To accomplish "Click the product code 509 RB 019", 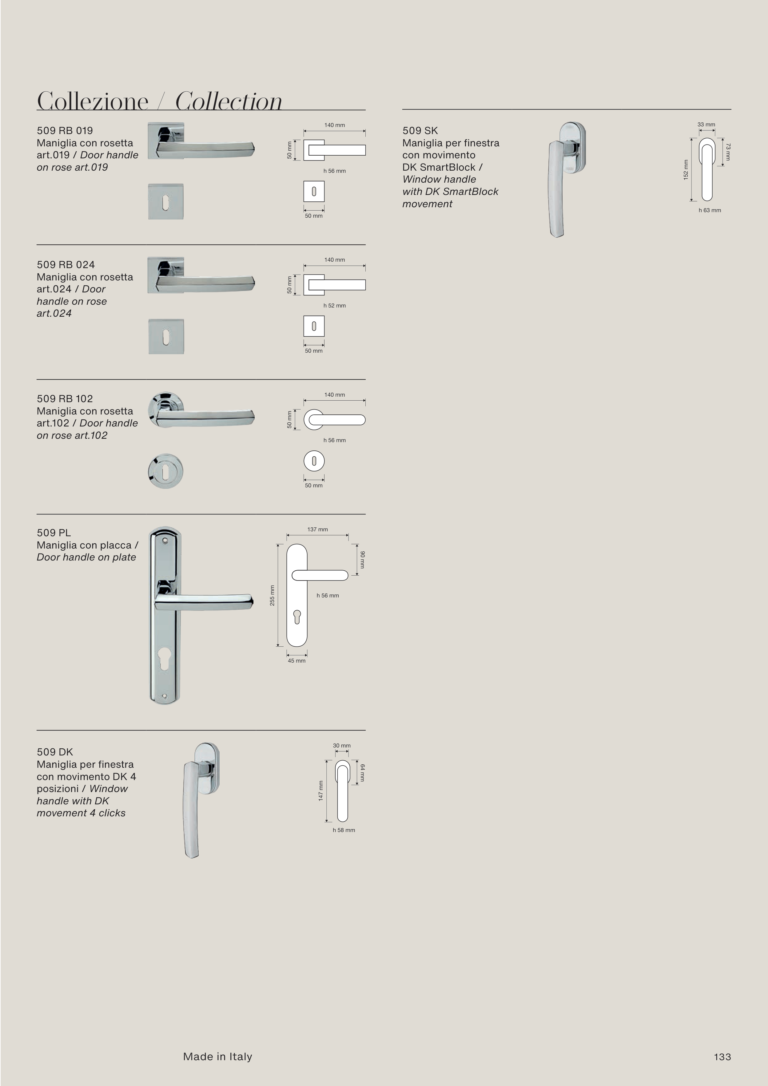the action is pyautogui.click(x=65, y=131).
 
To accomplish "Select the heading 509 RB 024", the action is pyautogui.click(x=66, y=264).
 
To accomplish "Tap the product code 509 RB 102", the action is pyautogui.click(x=65, y=399).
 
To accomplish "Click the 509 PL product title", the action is pyautogui.click(x=54, y=533).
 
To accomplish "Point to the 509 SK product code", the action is pyautogui.click(x=420, y=131).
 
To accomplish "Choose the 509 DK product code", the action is pyautogui.click(x=55, y=752).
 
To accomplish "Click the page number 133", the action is pyautogui.click(x=722, y=1057).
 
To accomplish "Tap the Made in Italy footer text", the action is pyautogui.click(x=218, y=1057).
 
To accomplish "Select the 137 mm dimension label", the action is pyautogui.click(x=317, y=529).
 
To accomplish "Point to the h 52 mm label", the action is pyautogui.click(x=335, y=306).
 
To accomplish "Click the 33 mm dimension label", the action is pyautogui.click(x=706, y=125).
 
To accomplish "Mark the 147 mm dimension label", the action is pyautogui.click(x=320, y=791).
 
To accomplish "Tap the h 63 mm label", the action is pyautogui.click(x=710, y=211).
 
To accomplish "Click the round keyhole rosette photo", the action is pyautogui.click(x=165, y=472).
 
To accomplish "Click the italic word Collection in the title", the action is pyautogui.click(x=229, y=101).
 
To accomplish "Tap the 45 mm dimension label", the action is pyautogui.click(x=297, y=661).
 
